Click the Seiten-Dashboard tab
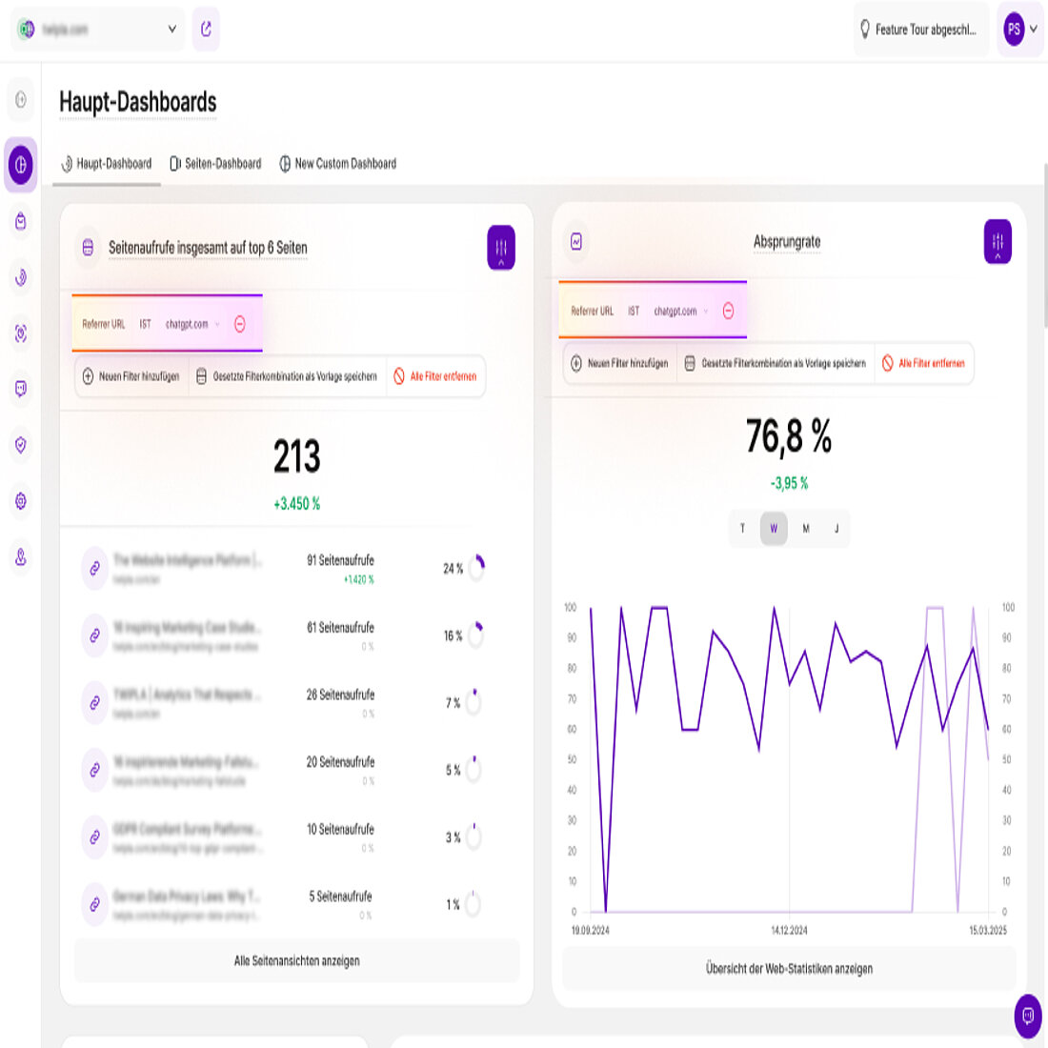[x=215, y=164]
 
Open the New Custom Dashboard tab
[x=338, y=164]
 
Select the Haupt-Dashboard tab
[x=107, y=164]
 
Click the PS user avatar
[x=1014, y=30]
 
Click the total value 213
[x=297, y=457]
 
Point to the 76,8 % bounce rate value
[x=789, y=437]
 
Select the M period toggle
[x=806, y=529]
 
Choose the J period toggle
[x=836, y=529]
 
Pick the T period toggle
[x=743, y=529]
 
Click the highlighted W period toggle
[x=774, y=529]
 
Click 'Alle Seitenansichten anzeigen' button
[x=297, y=961]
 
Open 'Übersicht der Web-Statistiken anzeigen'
[x=789, y=969]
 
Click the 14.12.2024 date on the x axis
[x=789, y=931]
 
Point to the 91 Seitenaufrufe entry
[x=340, y=561]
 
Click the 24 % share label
[x=453, y=569]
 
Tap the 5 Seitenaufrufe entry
[x=340, y=897]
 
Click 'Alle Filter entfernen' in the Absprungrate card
[x=923, y=364]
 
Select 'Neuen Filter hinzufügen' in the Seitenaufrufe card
[x=131, y=377]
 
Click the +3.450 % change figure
[x=297, y=504]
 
